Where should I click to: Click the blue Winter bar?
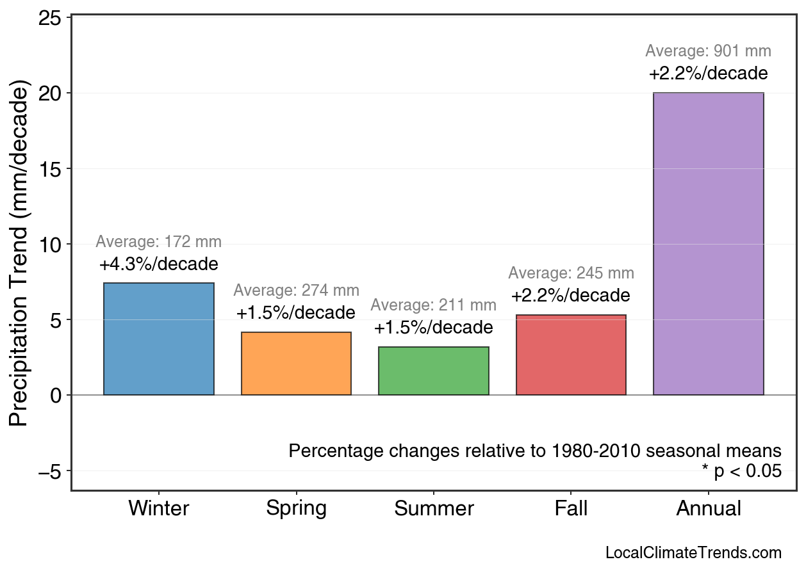pyautogui.click(x=159, y=339)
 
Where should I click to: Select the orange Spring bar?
pyautogui.click(x=296, y=364)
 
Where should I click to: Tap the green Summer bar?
pyautogui.click(x=434, y=371)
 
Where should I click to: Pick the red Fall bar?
pyautogui.click(x=571, y=355)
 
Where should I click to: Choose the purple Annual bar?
pyautogui.click(x=708, y=244)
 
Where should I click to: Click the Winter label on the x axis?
pyautogui.click(x=159, y=509)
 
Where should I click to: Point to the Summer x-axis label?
pyautogui.click(x=434, y=509)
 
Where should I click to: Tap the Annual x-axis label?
pyautogui.click(x=708, y=509)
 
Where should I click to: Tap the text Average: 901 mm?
pyautogui.click(x=708, y=51)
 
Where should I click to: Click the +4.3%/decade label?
pyautogui.click(x=159, y=264)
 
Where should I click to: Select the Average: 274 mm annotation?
pyautogui.click(x=296, y=291)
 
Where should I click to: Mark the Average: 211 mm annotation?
pyautogui.click(x=434, y=305)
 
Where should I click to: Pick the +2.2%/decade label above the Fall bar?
pyautogui.click(x=571, y=296)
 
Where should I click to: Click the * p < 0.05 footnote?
pyautogui.click(x=741, y=472)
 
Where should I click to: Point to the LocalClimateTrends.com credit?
pyautogui.click(x=693, y=553)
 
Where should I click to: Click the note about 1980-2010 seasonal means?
pyautogui.click(x=535, y=451)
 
